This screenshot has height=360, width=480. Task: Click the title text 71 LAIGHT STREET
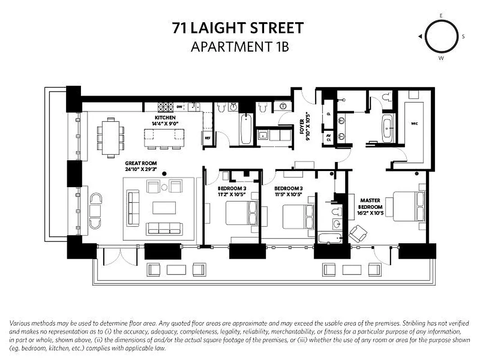[238, 28]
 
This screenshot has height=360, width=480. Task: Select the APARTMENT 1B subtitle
[239, 46]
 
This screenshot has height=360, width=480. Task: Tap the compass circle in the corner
[441, 36]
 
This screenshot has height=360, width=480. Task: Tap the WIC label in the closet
[414, 122]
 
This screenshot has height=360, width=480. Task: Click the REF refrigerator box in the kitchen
[207, 138]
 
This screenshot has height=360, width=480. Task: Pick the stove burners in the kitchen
[165, 107]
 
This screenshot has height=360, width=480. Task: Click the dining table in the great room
[111, 137]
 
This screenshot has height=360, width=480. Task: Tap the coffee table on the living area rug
[164, 207]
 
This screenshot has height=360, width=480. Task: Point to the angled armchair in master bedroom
[358, 233]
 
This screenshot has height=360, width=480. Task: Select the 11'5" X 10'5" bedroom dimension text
[288, 194]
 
